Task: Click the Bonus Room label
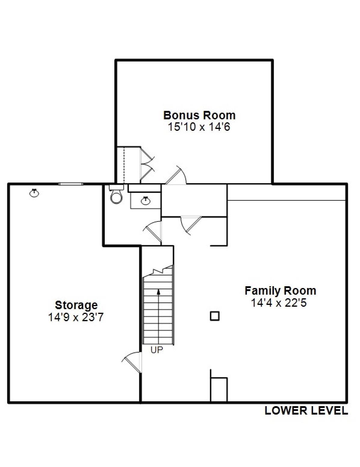199,115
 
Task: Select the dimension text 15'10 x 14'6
199,127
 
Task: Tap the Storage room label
76,305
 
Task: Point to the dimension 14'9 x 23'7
76,317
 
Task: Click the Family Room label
280,291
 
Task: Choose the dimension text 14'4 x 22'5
279,302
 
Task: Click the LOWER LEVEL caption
306,411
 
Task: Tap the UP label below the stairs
157,350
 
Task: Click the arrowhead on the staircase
159,291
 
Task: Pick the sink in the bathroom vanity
146,200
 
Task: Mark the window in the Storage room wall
71,183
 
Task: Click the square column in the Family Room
215,316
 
